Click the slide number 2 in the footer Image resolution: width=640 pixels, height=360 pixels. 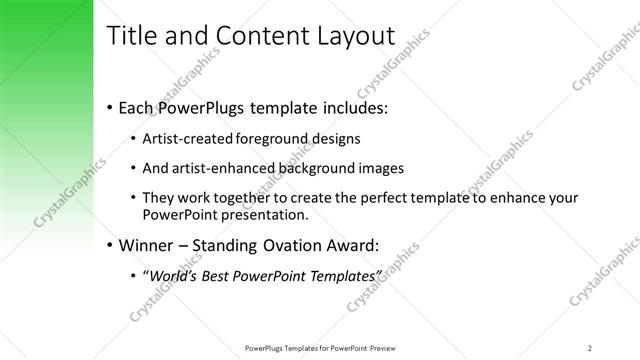590,347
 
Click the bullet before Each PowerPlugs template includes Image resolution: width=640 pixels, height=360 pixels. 109,107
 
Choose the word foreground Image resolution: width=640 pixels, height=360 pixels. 278,138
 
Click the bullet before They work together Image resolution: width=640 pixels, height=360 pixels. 134,198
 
